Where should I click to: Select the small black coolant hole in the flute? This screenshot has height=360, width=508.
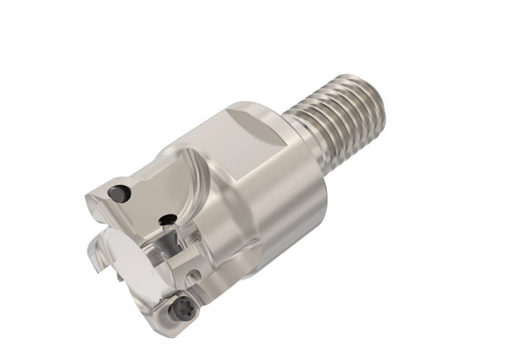(169, 222)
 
